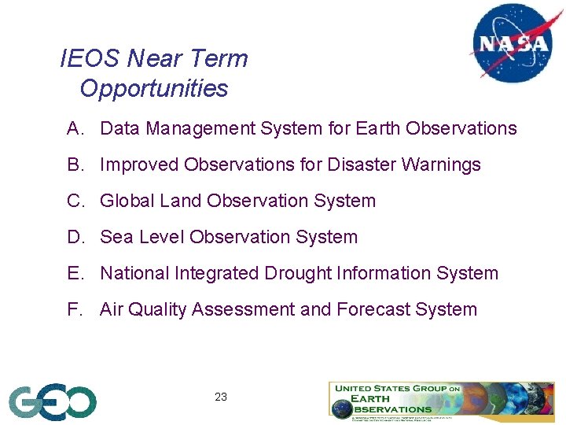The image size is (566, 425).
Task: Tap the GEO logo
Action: tap(53, 402)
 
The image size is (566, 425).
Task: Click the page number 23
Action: tap(221, 397)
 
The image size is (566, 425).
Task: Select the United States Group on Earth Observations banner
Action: tap(442, 400)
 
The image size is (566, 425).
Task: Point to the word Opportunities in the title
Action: tap(153, 88)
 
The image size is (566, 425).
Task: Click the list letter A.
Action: tap(75, 128)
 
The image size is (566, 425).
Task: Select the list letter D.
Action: tap(75, 237)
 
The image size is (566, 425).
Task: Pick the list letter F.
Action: tap(75, 309)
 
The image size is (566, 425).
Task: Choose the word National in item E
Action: tap(131, 273)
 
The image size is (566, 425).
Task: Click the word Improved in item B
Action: tap(139, 164)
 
